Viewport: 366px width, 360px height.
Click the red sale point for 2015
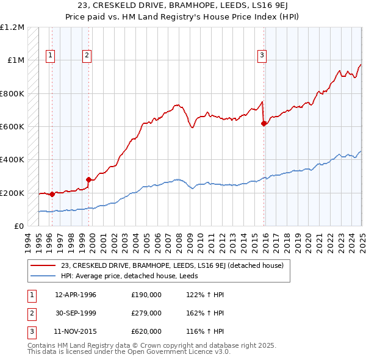(264, 124)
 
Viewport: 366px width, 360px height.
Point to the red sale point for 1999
(89, 179)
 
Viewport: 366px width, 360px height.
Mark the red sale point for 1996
(52, 194)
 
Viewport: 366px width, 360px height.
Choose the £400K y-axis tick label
(12, 160)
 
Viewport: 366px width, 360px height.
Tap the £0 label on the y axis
(19, 226)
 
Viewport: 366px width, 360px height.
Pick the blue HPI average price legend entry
(135, 276)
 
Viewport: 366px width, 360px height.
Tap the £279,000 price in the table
(146, 313)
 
